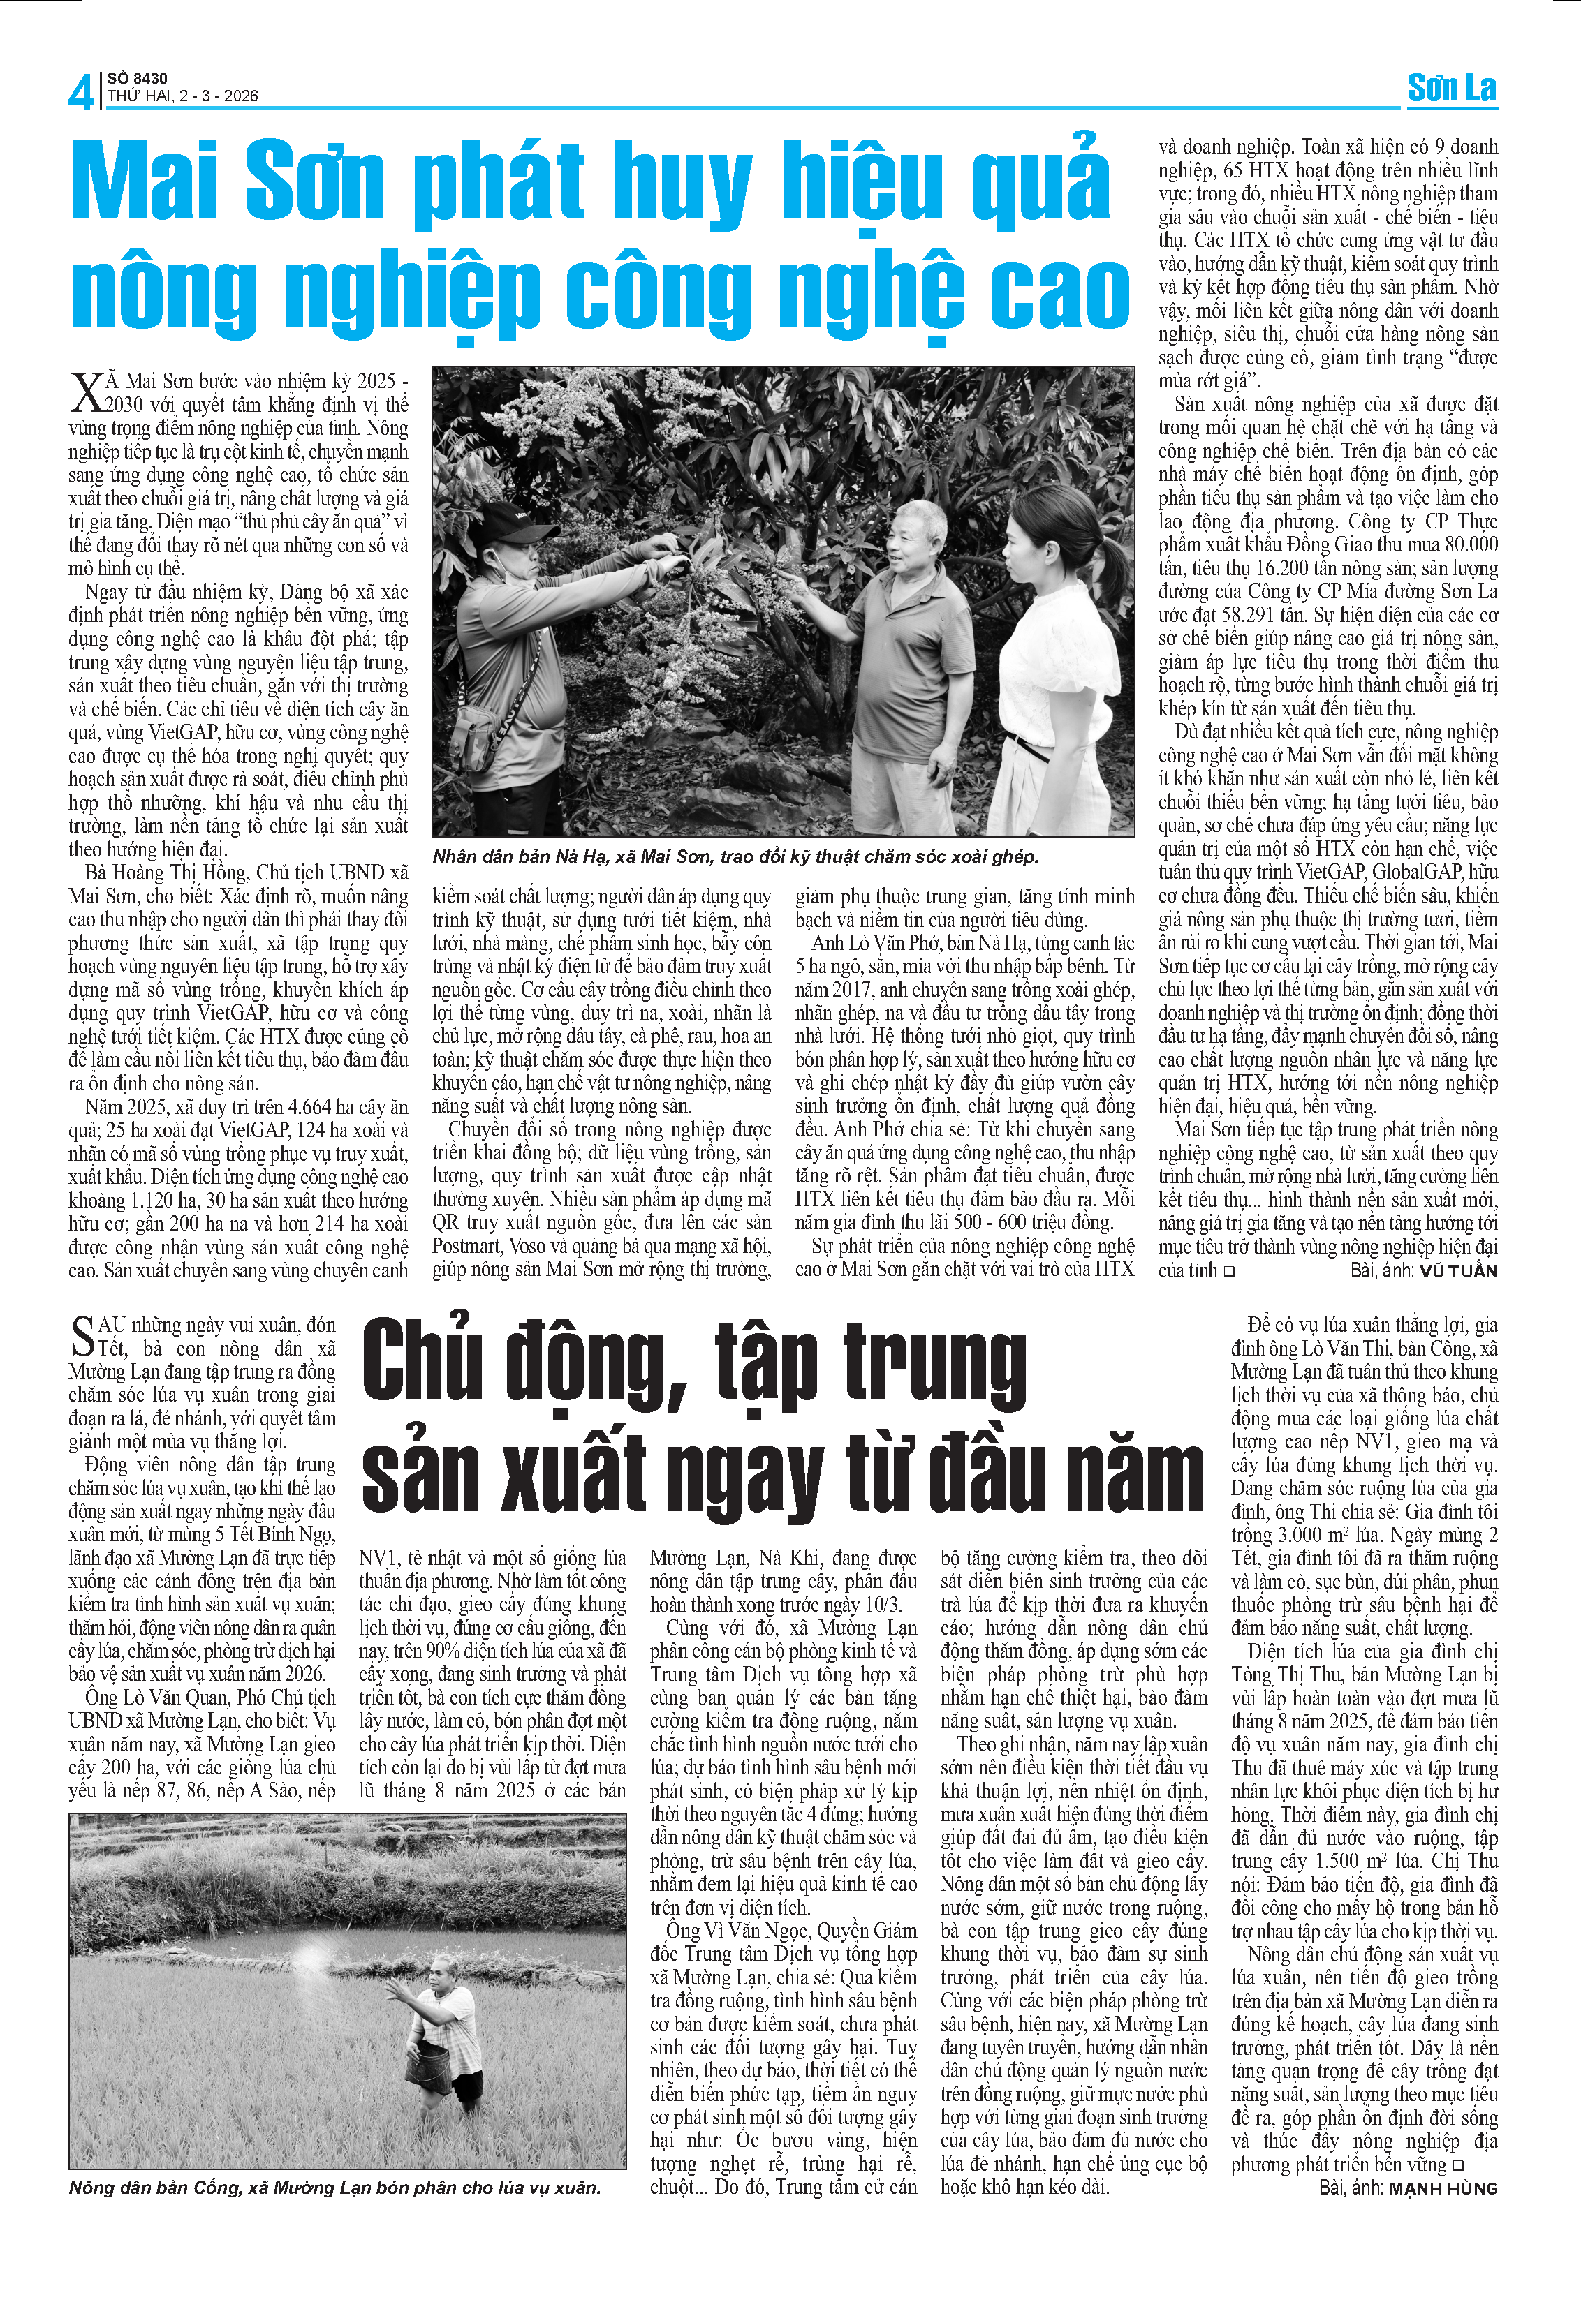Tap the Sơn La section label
point(1451,89)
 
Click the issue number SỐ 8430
point(137,77)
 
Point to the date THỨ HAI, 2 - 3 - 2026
point(183,96)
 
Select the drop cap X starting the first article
point(87,392)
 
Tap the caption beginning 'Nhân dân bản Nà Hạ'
point(735,856)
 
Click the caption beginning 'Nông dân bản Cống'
point(335,2187)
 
